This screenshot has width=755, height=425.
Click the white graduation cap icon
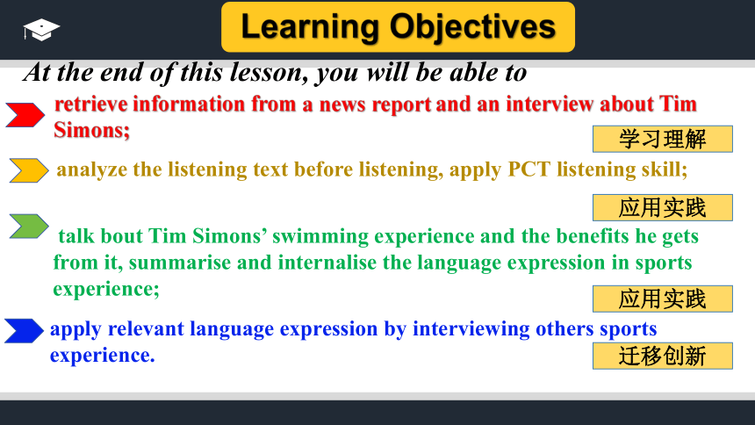[41, 30]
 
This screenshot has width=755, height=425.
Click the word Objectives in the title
[473, 27]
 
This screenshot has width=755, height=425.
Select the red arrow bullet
[25, 115]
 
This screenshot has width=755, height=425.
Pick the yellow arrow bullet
[29, 170]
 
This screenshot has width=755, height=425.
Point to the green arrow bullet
[29, 226]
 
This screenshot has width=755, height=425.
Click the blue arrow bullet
[24, 330]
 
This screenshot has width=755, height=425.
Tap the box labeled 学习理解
[663, 139]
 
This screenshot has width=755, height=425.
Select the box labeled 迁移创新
[663, 357]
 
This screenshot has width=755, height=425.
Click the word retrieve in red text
[91, 104]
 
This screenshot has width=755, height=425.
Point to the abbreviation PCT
[528, 169]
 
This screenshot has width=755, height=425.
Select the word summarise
[180, 263]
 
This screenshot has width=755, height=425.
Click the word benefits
[593, 236]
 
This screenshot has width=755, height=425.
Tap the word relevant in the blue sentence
[146, 329]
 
